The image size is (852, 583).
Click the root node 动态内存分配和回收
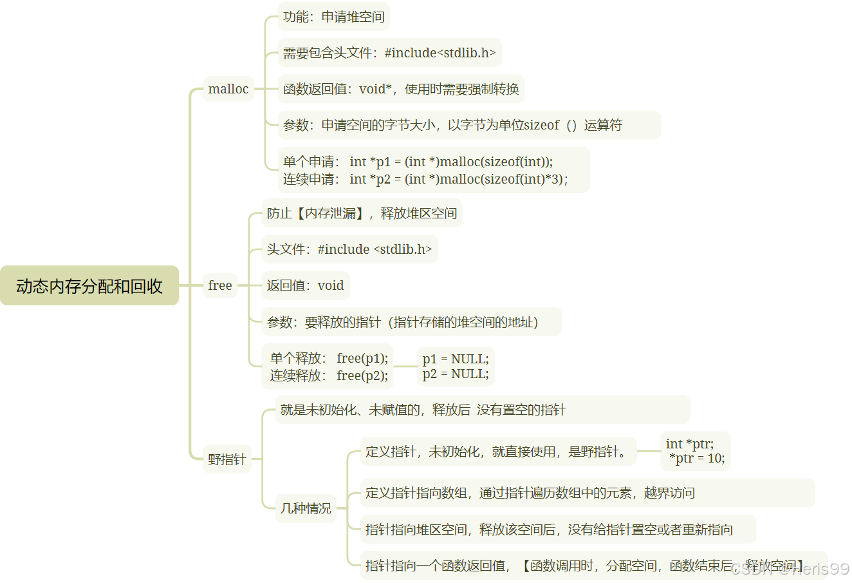click(89, 285)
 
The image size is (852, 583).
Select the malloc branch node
click(228, 89)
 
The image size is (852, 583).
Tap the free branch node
click(220, 285)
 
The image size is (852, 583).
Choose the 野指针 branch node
click(227, 459)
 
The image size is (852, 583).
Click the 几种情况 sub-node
click(306, 508)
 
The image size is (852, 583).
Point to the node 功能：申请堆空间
click(334, 17)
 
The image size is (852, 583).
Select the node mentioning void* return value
click(401, 89)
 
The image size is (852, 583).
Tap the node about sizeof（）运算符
click(469, 125)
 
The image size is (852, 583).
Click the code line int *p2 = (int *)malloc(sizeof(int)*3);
click(458, 179)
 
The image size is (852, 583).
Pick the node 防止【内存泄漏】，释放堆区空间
click(362, 213)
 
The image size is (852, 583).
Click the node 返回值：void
click(305, 285)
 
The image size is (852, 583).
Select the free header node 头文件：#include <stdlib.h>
click(349, 249)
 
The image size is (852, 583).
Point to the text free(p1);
click(362, 358)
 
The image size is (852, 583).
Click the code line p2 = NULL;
click(456, 374)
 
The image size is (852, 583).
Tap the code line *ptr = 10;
click(697, 459)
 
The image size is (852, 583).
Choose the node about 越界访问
click(587, 493)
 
